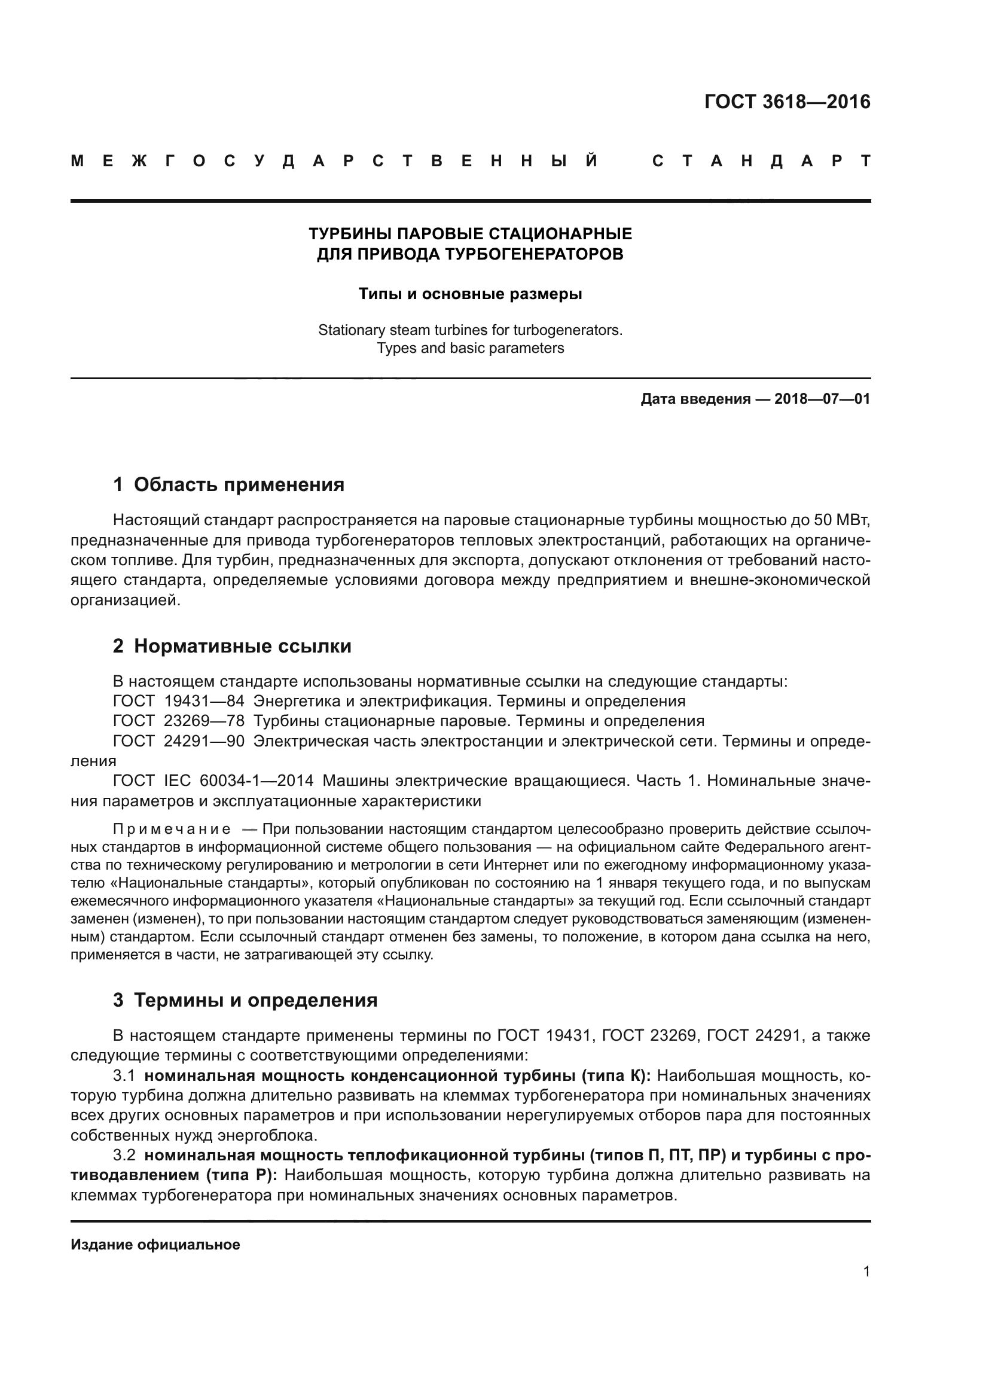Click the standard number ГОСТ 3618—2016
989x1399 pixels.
pos(787,102)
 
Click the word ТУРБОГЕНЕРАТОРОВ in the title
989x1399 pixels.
pos(533,254)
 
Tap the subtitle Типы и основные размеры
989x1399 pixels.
pos(470,294)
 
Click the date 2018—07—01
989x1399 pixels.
pos(822,400)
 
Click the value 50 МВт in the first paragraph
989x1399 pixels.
pos(842,520)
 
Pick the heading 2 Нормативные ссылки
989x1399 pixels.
pos(232,646)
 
